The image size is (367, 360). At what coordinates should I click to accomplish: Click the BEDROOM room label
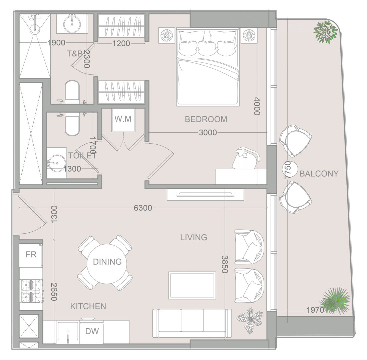206,119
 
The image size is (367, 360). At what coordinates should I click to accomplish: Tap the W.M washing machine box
123,120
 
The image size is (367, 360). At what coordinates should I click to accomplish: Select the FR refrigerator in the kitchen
31,255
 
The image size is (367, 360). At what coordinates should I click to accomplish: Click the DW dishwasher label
92,331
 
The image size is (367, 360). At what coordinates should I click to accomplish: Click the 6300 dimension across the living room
143,208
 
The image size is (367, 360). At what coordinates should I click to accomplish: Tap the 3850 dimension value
225,264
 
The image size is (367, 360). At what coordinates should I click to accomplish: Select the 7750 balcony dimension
288,170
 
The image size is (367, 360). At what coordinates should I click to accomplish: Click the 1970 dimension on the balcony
315,310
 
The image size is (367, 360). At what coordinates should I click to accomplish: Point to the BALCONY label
319,174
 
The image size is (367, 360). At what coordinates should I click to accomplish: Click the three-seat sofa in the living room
192,323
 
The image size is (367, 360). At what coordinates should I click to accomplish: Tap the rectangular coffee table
192,285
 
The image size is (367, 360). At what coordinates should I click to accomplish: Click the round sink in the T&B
72,24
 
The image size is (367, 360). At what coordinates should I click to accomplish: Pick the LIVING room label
194,237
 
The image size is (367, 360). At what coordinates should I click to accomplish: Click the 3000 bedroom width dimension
208,133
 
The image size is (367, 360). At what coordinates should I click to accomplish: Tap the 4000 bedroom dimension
257,106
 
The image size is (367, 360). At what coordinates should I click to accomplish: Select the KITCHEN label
88,306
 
